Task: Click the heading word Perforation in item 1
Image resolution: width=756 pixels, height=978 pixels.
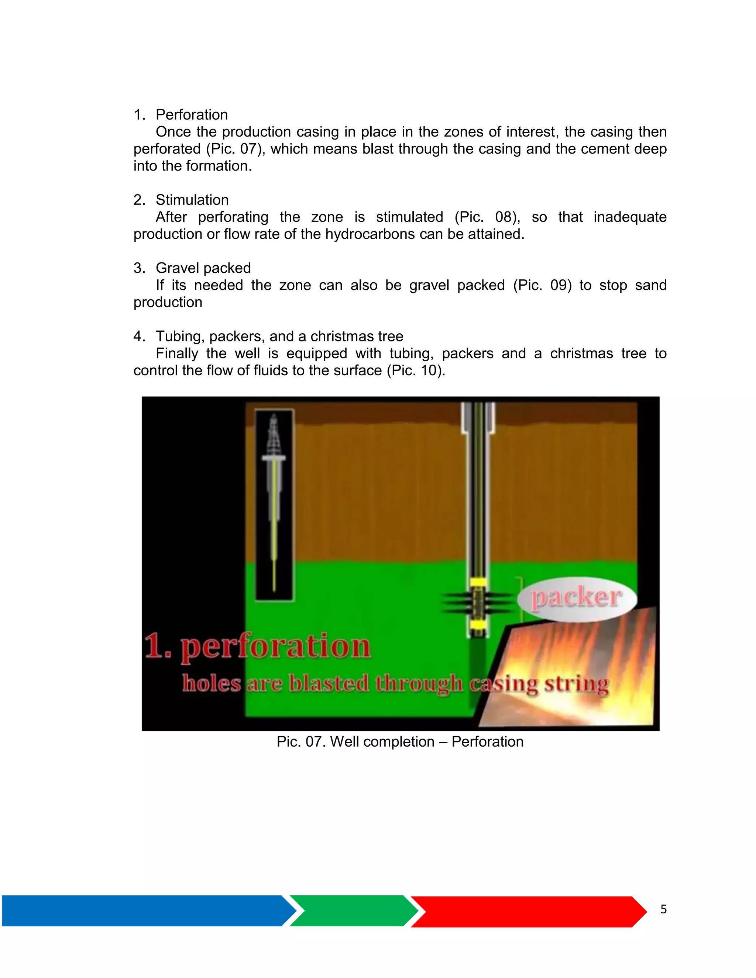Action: pos(192,115)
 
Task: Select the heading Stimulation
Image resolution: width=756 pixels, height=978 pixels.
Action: pos(192,200)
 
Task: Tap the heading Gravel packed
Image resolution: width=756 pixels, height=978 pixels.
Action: pos(203,268)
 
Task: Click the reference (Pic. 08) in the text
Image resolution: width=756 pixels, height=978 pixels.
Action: pos(487,217)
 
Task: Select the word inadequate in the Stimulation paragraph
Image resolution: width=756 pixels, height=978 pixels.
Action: pos(630,217)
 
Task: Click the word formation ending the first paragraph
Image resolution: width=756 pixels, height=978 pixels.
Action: pos(219,166)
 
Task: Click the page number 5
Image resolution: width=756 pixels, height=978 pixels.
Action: pos(663,909)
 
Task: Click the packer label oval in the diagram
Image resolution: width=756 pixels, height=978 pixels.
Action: pos(576,598)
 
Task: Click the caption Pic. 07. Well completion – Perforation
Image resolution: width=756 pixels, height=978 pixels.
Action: pos(399,741)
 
